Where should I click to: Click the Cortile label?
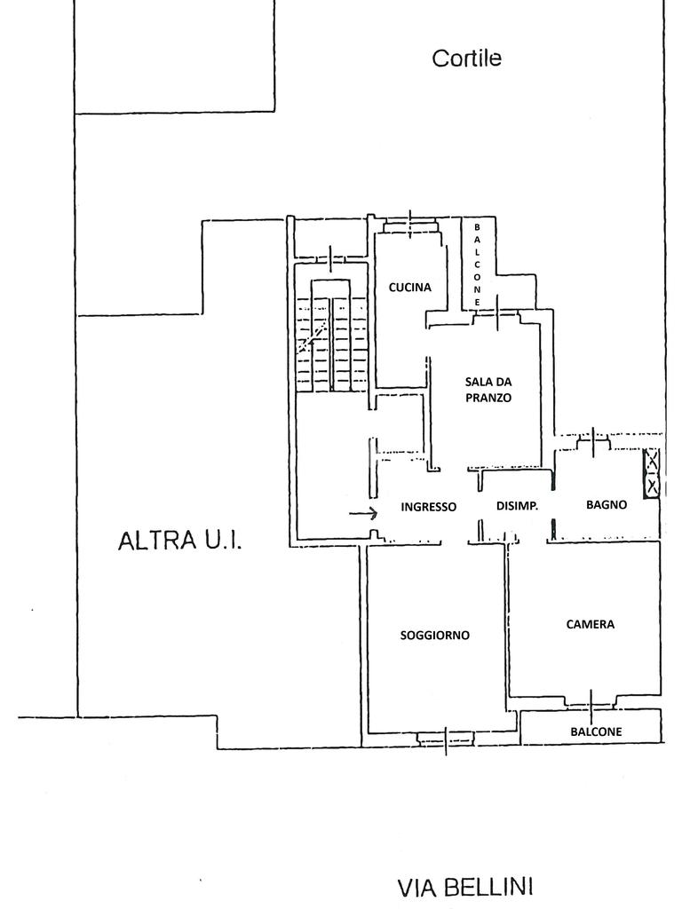pyautogui.click(x=466, y=59)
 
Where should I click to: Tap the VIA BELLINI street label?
pyautogui.click(x=464, y=886)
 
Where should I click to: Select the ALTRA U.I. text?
pyautogui.click(x=179, y=540)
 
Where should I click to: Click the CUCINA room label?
pyautogui.click(x=409, y=288)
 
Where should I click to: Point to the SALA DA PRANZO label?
pyautogui.click(x=488, y=390)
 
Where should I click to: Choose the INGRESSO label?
pyautogui.click(x=428, y=507)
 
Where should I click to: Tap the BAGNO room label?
pyautogui.click(x=607, y=504)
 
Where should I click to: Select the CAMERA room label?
pyautogui.click(x=590, y=624)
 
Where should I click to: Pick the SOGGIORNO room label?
pyautogui.click(x=434, y=635)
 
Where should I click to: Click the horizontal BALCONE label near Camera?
pyautogui.click(x=596, y=731)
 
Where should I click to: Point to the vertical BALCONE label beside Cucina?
pyautogui.click(x=477, y=265)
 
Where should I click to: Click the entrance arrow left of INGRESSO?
pyautogui.click(x=363, y=512)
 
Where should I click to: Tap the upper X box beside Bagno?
pyautogui.click(x=653, y=460)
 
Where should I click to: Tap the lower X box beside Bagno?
pyautogui.click(x=653, y=486)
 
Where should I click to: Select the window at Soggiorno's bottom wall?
pyautogui.click(x=447, y=736)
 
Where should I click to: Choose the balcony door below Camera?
pyautogui.click(x=591, y=702)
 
